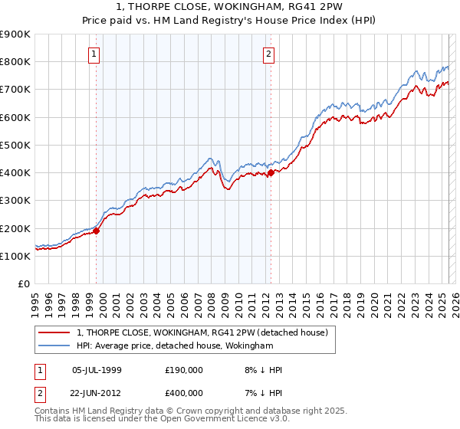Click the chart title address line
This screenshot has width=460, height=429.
(x=230, y=7)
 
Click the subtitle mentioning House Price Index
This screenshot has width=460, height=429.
(x=230, y=20)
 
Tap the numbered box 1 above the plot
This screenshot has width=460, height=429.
(x=94, y=54)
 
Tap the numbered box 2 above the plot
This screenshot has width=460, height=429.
(x=269, y=54)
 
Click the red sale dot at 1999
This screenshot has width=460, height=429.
(x=97, y=230)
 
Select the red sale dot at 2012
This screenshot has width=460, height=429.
(x=271, y=172)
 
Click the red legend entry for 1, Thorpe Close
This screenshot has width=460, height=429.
(x=202, y=332)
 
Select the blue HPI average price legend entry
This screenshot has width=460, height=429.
(x=175, y=346)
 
